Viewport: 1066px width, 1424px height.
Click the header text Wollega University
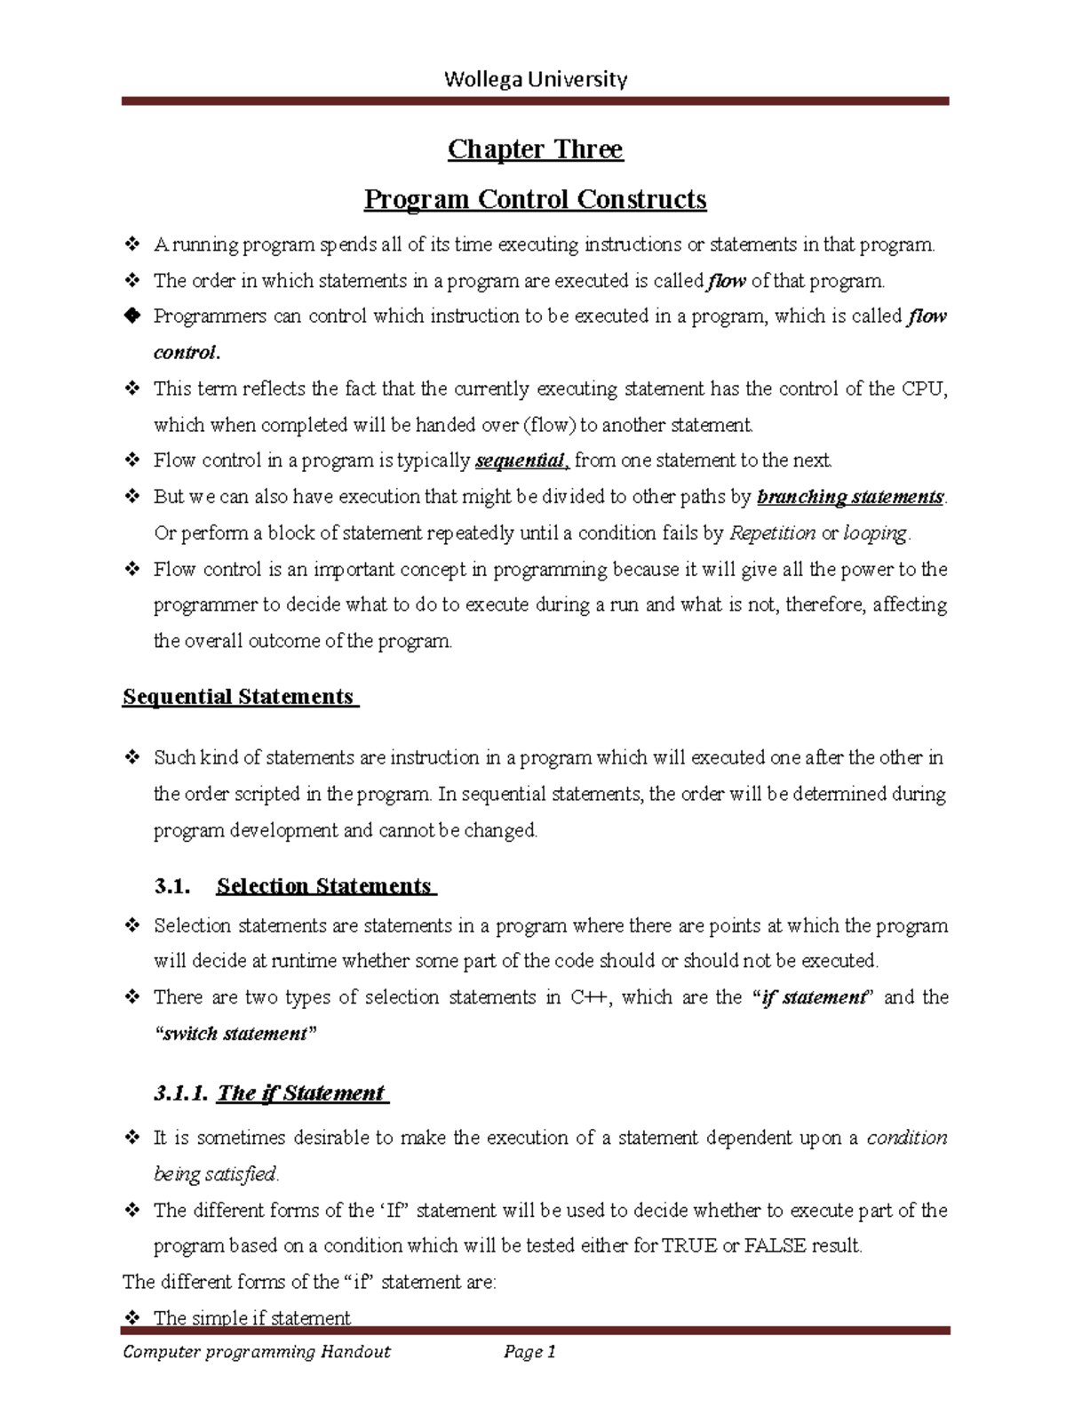coord(535,80)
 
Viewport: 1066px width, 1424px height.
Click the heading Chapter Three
coord(535,148)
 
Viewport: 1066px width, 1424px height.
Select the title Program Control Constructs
coord(535,198)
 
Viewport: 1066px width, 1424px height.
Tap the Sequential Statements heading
coord(239,696)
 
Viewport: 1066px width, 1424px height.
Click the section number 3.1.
coord(171,886)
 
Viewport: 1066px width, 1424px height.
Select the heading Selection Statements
coord(324,886)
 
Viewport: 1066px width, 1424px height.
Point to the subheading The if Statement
coord(300,1093)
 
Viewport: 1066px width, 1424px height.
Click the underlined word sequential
coord(521,460)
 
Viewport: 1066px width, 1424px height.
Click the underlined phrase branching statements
coord(849,497)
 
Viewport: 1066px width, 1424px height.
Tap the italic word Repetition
coord(771,533)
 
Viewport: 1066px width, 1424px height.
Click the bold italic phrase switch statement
coord(235,1034)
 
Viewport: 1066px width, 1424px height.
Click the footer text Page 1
coord(529,1352)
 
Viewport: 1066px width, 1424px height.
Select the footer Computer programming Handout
coord(257,1352)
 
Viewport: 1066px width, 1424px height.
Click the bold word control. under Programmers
coord(186,353)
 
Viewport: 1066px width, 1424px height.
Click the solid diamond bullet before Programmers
coord(131,316)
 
